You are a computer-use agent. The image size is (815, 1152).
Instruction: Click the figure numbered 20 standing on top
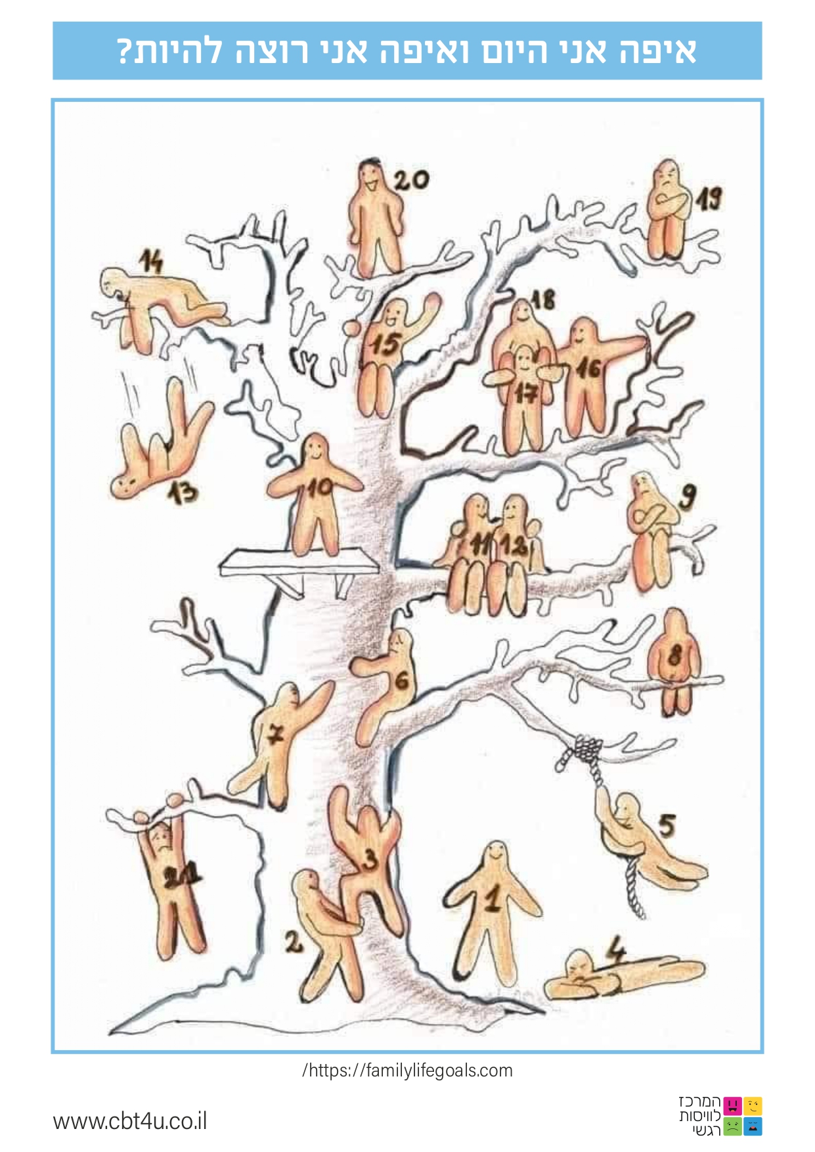coord(374,220)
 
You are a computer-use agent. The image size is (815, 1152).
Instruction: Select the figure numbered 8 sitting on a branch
coord(671,660)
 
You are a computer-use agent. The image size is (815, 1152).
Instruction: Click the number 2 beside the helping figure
coord(294,943)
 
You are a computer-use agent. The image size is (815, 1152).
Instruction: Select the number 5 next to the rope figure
coord(667,825)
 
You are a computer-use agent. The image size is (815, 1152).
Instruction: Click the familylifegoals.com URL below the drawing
coord(407,1070)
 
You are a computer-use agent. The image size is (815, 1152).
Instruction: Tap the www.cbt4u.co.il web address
coord(130,1120)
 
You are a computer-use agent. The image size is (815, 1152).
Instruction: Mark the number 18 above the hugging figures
coord(543,300)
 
